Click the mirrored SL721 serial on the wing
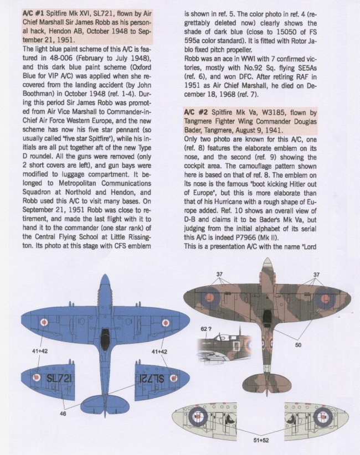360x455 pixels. point(150,378)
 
